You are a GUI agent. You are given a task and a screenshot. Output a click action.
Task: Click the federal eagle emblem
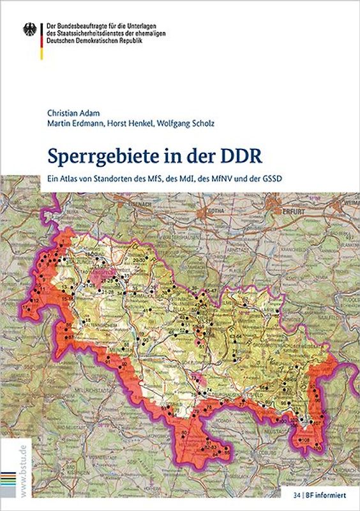pyautogui.click(x=30, y=29)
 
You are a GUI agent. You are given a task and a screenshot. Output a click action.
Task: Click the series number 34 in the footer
pyautogui.click(x=297, y=493)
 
